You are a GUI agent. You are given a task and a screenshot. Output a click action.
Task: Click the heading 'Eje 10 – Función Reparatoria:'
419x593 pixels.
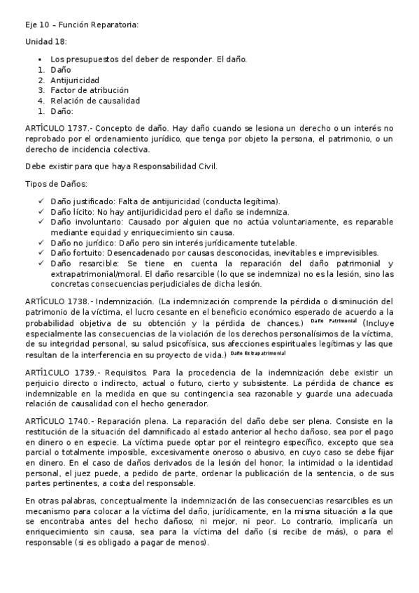82,25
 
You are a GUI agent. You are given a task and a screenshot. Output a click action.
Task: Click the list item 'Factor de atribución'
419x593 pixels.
90,90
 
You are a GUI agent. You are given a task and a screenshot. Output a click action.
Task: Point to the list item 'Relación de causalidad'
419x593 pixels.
95,101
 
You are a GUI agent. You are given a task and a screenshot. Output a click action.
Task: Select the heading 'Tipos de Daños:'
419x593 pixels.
56,184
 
